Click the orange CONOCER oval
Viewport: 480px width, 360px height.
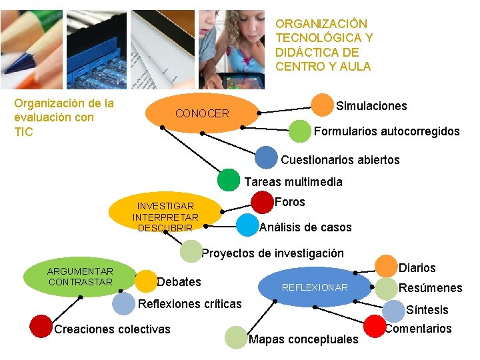pos(202,114)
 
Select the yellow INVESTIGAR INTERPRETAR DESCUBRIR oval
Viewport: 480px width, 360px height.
pos(165,216)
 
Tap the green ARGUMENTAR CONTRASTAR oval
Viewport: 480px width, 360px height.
pos(80,277)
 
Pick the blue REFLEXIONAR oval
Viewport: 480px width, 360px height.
pos(315,287)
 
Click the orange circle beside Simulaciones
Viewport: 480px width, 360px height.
pos(323,105)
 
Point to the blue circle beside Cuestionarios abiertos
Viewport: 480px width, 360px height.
pos(266,158)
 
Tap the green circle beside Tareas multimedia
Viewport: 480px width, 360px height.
pos(228,180)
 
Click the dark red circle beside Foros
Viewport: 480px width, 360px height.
pos(262,202)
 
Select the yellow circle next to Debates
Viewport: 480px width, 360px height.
pos(145,281)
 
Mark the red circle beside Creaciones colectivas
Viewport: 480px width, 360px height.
pos(41,326)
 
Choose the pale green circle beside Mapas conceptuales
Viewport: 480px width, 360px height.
pos(236,337)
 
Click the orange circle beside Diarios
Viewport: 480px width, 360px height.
pos(386,266)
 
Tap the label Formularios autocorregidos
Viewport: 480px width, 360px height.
pos(387,131)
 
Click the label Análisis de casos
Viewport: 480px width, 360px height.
pos(305,227)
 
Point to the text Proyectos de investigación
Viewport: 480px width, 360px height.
pos(273,253)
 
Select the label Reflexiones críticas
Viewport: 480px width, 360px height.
pos(189,304)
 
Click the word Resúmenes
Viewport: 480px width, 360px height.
pos(430,288)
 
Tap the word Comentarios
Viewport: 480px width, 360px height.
pos(418,328)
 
